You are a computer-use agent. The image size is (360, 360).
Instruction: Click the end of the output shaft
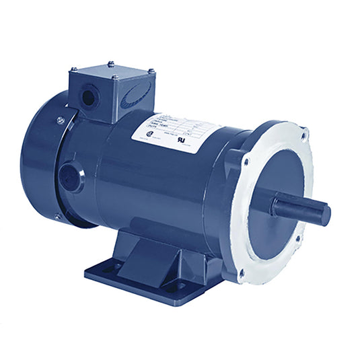(x=324, y=214)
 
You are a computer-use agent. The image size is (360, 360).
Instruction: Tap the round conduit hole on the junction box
(x=88, y=98)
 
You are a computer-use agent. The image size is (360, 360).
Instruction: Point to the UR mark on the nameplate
(x=198, y=141)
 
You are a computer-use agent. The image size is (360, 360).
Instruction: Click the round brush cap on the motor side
(x=70, y=177)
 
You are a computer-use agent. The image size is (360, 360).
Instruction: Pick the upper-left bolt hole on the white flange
(x=245, y=161)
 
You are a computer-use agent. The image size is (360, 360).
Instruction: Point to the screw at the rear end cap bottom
(x=57, y=217)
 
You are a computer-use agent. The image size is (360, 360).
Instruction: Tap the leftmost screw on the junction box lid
(x=72, y=69)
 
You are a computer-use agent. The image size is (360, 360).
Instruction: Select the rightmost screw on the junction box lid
(x=150, y=71)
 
